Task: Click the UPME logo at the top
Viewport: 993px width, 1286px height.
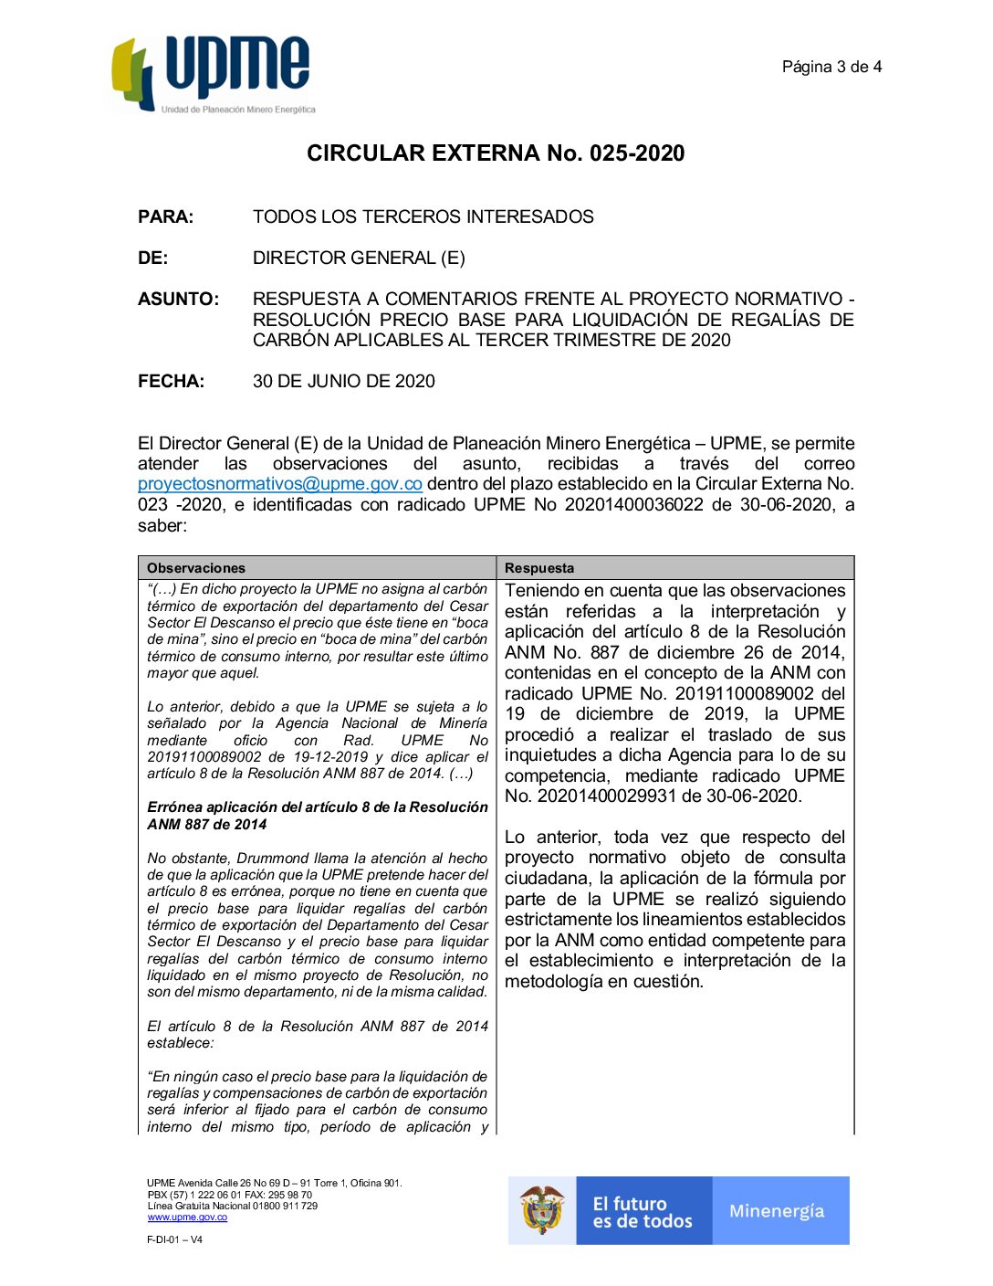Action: pos(213,75)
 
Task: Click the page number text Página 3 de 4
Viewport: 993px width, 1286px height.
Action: pos(831,67)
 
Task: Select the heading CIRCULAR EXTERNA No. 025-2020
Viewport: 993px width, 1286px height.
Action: pos(496,153)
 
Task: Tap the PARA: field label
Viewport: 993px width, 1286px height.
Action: pos(165,217)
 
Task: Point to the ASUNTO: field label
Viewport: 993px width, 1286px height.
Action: pos(178,299)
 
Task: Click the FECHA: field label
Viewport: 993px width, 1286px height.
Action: pos(171,382)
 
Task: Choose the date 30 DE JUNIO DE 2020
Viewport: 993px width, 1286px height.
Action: pos(343,382)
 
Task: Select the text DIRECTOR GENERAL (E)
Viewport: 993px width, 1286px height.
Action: pos(359,258)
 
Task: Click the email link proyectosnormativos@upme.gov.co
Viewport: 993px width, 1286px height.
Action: pos(279,484)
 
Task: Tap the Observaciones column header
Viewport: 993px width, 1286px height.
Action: pos(195,568)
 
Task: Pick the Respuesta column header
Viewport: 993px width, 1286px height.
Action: pos(539,568)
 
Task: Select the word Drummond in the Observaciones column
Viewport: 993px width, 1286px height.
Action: pos(267,859)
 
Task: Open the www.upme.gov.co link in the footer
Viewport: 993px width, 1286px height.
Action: pos(187,1217)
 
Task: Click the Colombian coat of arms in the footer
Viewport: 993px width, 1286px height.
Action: pos(542,1210)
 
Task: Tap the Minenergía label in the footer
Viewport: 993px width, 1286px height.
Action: pos(777,1211)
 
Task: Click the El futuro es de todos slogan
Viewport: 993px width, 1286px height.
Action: pos(643,1212)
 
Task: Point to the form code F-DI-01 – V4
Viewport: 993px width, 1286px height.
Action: pos(174,1240)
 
